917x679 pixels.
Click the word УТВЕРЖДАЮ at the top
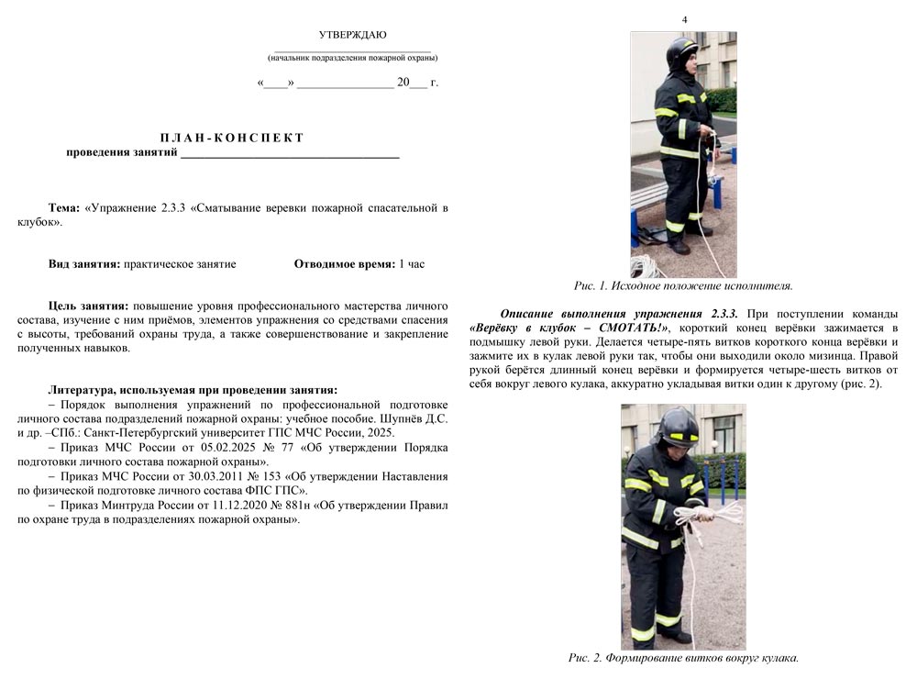(352, 35)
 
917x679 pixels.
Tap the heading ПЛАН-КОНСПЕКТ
(232, 138)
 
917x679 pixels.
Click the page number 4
(684, 20)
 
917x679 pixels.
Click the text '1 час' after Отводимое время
(411, 264)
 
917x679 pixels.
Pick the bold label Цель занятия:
(88, 306)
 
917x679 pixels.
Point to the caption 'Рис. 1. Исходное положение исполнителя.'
(683, 286)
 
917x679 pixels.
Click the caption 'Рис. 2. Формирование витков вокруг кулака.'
(683, 658)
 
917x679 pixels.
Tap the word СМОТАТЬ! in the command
(632, 328)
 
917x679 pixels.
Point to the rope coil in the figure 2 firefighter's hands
(693, 518)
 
